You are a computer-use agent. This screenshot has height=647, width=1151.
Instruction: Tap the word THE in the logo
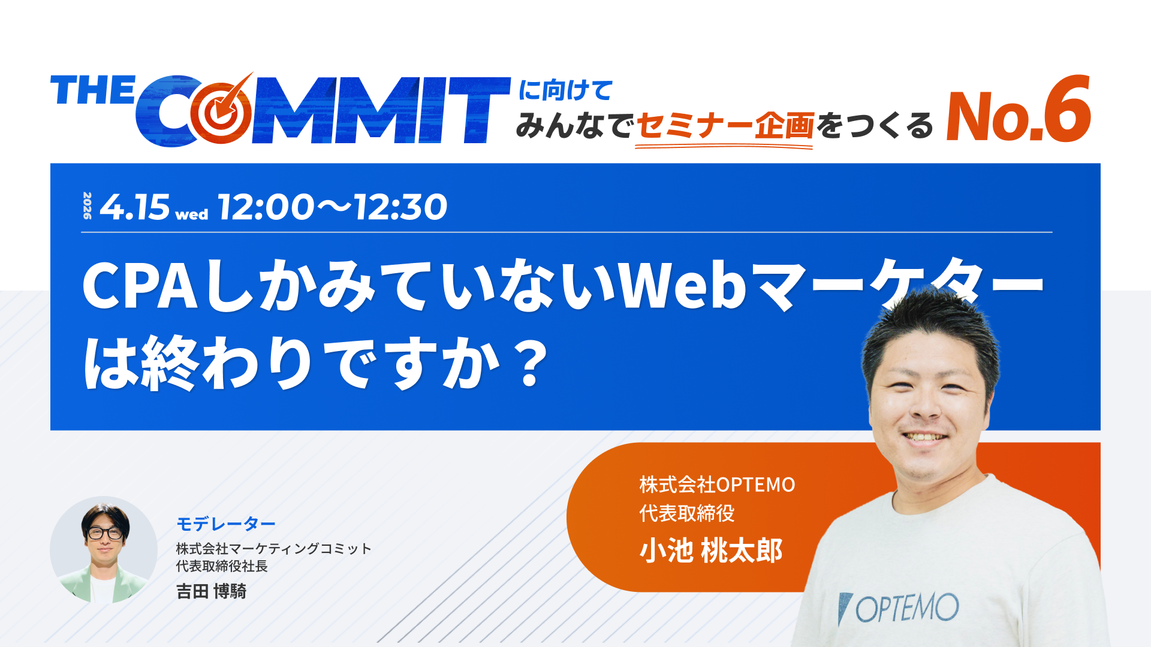pos(93,91)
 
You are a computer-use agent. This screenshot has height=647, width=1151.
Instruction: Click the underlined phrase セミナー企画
pos(724,126)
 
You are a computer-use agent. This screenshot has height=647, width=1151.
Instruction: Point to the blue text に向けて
pos(565,90)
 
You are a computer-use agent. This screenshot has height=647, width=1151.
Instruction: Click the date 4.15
pos(134,207)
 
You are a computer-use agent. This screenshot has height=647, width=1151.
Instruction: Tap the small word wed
pos(192,214)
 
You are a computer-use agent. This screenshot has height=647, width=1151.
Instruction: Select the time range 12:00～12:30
pos(333,207)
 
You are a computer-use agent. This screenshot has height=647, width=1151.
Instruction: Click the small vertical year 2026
pos(88,205)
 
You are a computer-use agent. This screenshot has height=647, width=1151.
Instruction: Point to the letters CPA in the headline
pos(140,286)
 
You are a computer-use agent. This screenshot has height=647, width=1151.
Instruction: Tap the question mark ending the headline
pos(531,363)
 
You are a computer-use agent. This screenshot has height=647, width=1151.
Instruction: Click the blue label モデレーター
pos(225,524)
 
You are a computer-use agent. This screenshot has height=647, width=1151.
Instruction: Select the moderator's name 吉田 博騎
pos(211,591)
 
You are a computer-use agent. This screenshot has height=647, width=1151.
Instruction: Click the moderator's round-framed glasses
pos(106,533)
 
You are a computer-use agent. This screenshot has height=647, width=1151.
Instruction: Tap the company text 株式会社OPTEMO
pos(717,484)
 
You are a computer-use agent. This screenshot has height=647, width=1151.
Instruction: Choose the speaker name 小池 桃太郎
pos(711,551)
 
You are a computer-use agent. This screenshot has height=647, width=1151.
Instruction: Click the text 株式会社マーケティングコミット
pos(273,549)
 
